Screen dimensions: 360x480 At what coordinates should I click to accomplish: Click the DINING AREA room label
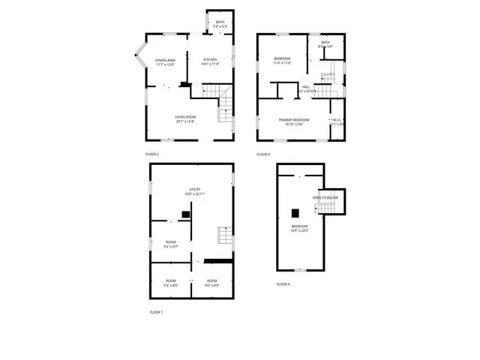(166, 60)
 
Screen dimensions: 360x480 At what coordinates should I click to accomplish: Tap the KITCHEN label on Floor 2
(209, 60)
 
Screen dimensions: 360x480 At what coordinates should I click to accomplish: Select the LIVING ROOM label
(185, 116)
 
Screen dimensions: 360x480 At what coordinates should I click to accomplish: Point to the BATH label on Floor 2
(220, 22)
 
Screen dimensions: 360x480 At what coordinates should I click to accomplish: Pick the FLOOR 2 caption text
(152, 154)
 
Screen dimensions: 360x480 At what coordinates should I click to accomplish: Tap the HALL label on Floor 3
(306, 86)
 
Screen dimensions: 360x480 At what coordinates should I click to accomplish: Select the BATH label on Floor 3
(325, 43)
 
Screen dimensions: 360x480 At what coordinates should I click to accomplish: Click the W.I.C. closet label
(337, 120)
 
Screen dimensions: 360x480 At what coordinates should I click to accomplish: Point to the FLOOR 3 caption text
(263, 154)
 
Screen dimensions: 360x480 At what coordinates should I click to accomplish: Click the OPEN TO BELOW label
(326, 197)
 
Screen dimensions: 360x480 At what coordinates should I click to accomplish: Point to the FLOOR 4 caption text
(283, 284)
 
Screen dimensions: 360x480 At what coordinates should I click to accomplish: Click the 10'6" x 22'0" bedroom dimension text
(300, 231)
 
